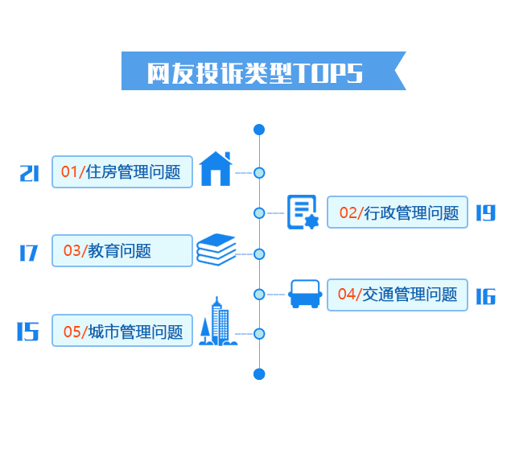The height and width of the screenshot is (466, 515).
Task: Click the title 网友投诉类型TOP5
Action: pyautogui.click(x=256, y=72)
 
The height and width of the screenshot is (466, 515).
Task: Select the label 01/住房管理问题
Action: pyautogui.click(x=122, y=171)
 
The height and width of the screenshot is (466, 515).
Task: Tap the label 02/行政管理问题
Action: pyautogui.click(x=398, y=212)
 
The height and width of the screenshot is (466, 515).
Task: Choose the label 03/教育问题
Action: pyautogui.click(x=122, y=250)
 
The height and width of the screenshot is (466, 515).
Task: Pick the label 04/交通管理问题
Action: pyautogui.click(x=398, y=295)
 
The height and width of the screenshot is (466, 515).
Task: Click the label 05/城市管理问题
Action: pyautogui.click(x=122, y=331)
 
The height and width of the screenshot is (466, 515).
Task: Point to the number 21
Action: pyautogui.click(x=29, y=172)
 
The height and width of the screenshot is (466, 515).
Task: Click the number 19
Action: pyautogui.click(x=484, y=212)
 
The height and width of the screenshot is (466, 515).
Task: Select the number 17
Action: pyautogui.click(x=29, y=253)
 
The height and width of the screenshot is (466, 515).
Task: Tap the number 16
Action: pyautogui.click(x=484, y=296)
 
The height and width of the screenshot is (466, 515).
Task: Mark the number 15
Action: pyautogui.click(x=28, y=332)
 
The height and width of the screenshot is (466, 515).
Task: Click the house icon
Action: pyautogui.click(x=215, y=168)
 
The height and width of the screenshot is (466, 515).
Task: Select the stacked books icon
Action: pyautogui.click(x=216, y=249)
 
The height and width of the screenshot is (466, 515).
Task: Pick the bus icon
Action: pyautogui.click(x=305, y=294)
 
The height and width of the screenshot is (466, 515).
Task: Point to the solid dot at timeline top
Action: pyautogui.click(x=259, y=130)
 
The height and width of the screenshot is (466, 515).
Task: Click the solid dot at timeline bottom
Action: pyautogui.click(x=259, y=373)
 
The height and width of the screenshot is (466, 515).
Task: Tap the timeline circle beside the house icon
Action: pyautogui.click(x=259, y=172)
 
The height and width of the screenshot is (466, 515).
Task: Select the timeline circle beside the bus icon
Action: pyautogui.click(x=259, y=295)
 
